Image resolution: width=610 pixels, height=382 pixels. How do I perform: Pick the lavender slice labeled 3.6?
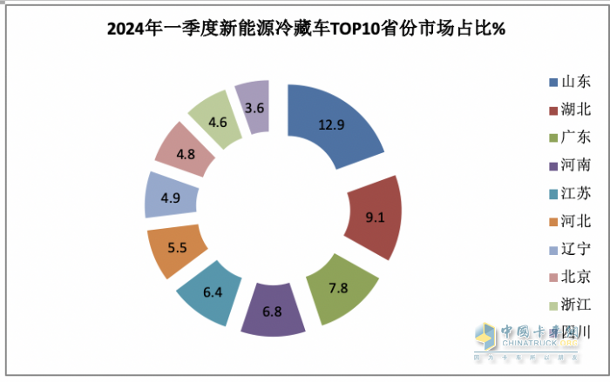254,106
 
